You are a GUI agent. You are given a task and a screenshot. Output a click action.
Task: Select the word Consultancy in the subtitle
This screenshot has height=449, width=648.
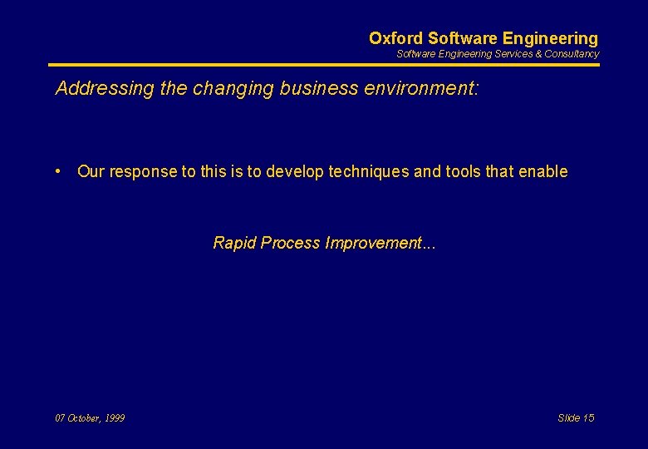pyautogui.click(x=572, y=54)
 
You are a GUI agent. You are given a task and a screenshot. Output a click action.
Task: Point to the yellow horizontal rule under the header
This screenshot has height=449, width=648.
pyautogui.click(x=324, y=65)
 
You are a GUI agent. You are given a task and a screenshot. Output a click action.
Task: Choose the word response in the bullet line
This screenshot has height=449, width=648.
pyautogui.click(x=144, y=172)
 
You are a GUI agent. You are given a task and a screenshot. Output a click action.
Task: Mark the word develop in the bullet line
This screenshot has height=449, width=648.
pyautogui.click(x=295, y=172)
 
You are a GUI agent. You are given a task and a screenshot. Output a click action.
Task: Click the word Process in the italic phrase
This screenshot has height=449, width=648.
pyautogui.click(x=290, y=244)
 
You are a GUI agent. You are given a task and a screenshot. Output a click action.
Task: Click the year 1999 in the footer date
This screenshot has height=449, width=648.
pyautogui.click(x=114, y=418)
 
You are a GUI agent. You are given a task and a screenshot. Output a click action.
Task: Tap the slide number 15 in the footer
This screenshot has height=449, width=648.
pyautogui.click(x=587, y=418)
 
